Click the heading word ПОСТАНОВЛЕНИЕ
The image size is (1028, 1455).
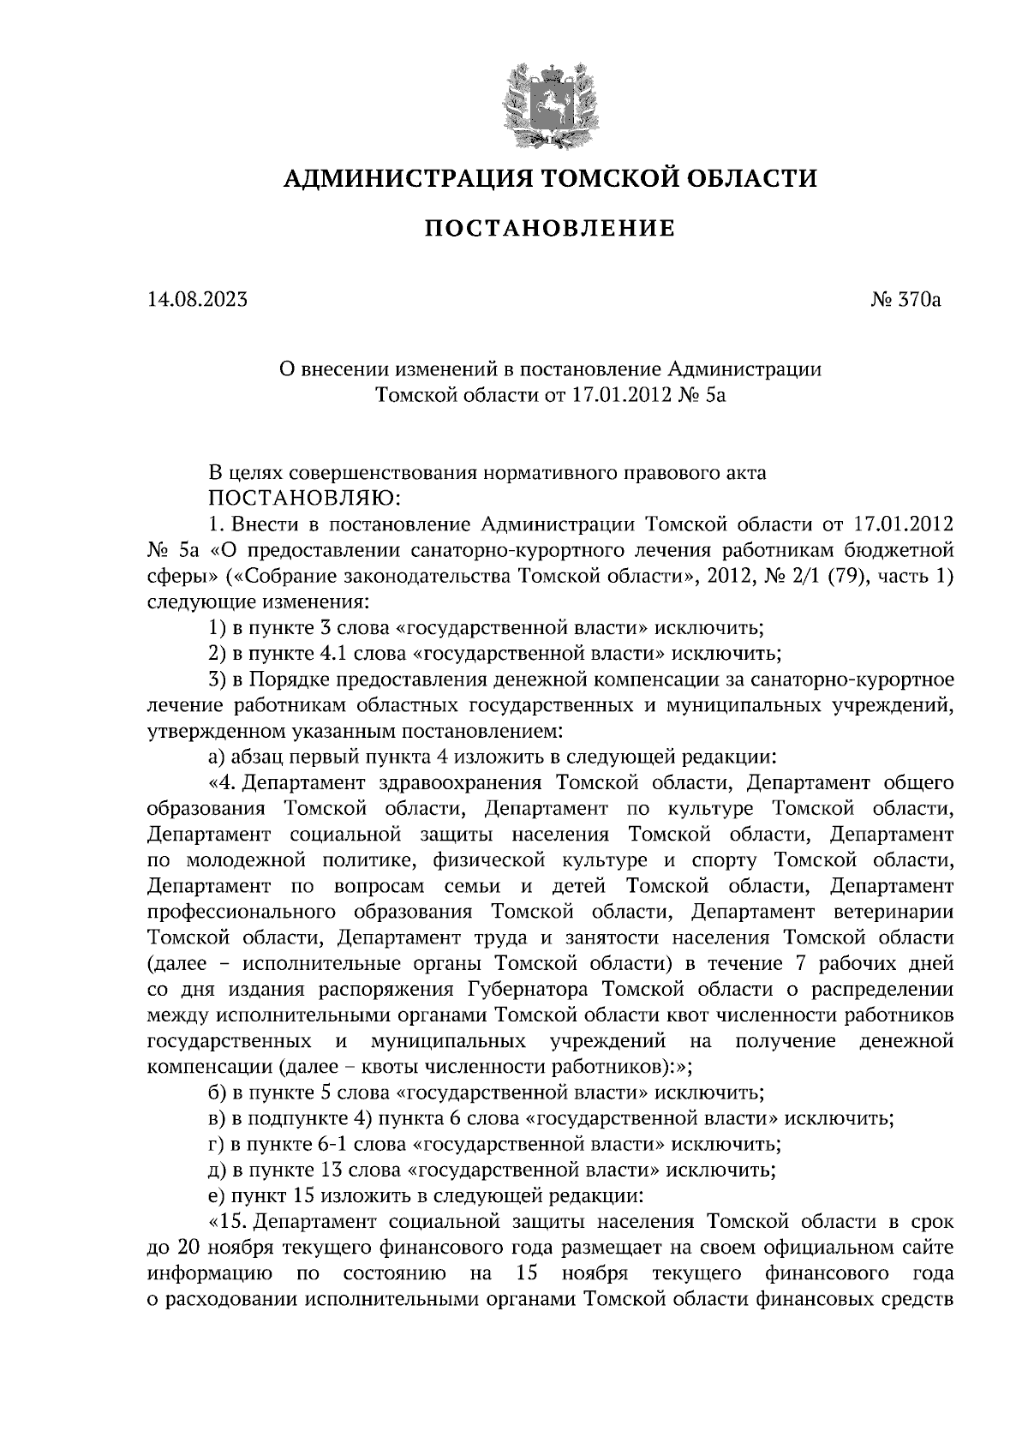550,228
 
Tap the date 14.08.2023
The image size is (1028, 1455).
196,300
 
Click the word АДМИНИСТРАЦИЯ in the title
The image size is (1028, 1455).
399,178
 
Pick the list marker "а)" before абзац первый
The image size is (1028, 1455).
218,757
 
